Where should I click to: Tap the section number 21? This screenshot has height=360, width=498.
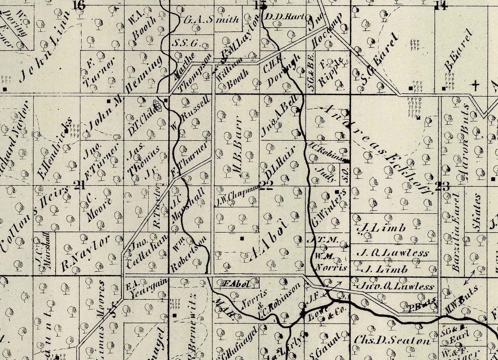tap(80, 185)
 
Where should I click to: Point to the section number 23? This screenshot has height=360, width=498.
tap(442, 186)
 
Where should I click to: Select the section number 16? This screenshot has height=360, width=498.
tap(78, 5)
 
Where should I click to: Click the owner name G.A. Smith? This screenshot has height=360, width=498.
tap(211, 20)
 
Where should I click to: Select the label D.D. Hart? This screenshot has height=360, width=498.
tap(285, 17)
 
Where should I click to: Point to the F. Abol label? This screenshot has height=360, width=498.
tap(236, 284)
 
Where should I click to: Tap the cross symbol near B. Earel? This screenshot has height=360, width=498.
tap(476, 85)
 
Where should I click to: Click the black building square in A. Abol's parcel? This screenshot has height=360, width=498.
tap(242, 239)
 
